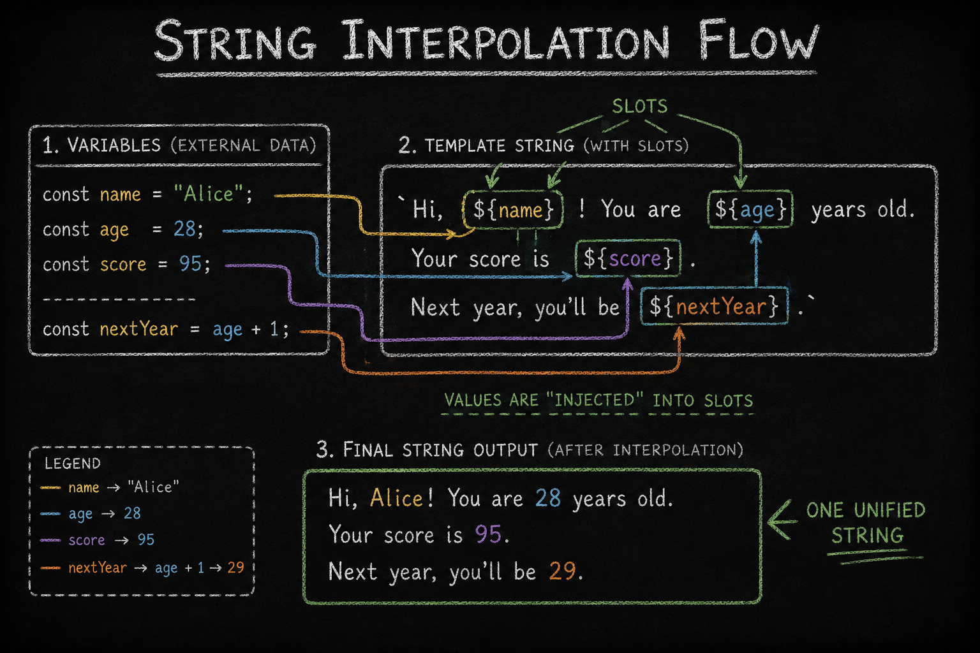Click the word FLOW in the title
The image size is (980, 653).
(758, 41)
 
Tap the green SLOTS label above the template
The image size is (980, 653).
(640, 106)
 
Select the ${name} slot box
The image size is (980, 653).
(513, 210)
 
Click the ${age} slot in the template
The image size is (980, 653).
(750, 209)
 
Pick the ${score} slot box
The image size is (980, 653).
(628, 258)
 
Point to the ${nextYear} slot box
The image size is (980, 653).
(715, 305)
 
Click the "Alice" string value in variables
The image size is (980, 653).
(208, 193)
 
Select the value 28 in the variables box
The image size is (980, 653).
(184, 228)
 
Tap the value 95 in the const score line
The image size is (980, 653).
(190, 263)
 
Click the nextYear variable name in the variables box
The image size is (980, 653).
(138, 329)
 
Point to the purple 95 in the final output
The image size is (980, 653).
(488, 534)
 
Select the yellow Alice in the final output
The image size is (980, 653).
(396, 498)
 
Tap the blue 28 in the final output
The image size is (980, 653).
(548, 498)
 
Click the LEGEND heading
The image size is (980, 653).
(73, 463)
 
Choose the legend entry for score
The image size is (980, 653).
(97, 539)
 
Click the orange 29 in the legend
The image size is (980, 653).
(236, 568)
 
